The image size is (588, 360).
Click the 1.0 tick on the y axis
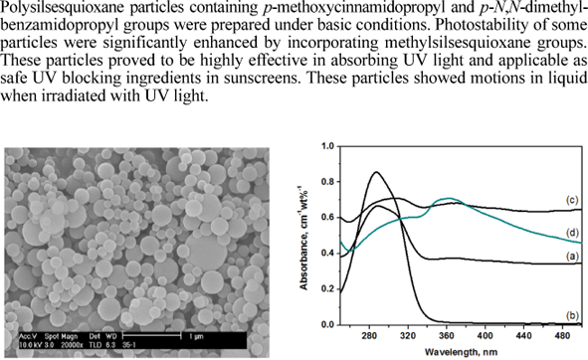[327, 147]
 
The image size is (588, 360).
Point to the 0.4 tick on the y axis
[327, 254]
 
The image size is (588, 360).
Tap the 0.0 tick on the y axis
[327, 325]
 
